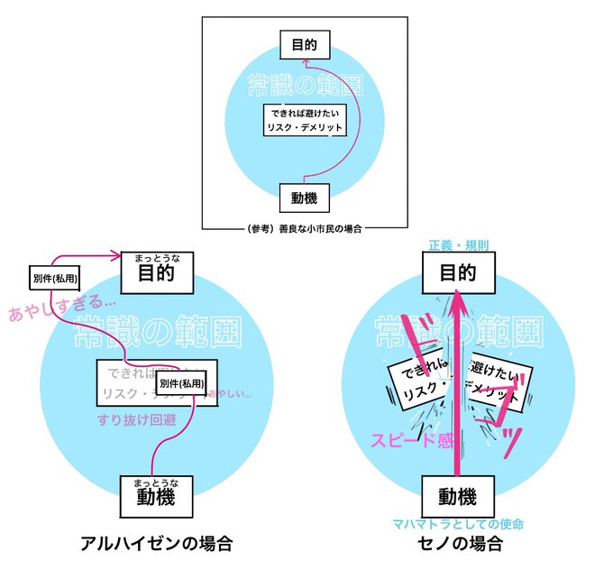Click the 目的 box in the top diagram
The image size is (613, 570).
[x=304, y=42]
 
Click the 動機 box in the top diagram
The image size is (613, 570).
[x=304, y=197]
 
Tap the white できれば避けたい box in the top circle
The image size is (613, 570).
[x=305, y=121]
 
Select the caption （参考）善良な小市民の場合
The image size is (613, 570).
[x=304, y=229]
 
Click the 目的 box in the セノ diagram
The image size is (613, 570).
[x=458, y=273]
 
